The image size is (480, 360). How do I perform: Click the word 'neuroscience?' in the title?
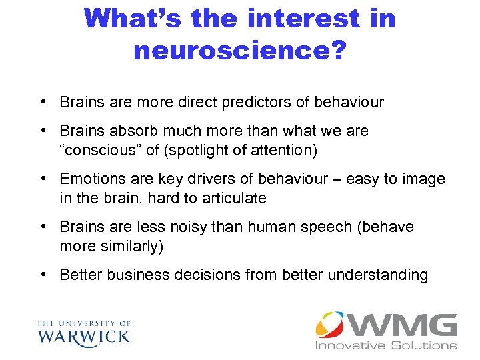239,50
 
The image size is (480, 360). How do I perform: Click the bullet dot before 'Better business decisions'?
43,275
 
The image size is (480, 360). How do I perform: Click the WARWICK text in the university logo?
83,335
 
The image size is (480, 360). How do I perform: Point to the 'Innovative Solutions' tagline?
386,345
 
